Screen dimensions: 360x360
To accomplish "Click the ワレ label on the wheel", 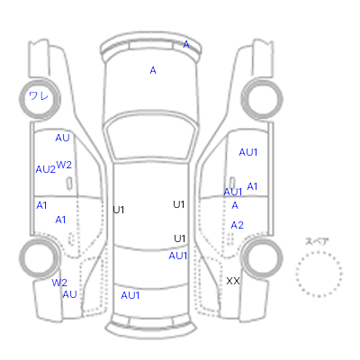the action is [x=39, y=96].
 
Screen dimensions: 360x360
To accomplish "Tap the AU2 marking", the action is [x=46, y=169].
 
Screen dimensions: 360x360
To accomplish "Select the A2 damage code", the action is [x=237, y=225].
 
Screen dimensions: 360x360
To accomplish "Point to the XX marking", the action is [x=233, y=281].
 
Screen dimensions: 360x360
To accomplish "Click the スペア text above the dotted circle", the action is [x=317, y=241].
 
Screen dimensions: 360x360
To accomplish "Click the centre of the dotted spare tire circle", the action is [x=319, y=274].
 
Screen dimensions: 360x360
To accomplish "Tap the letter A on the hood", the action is [x=153, y=70].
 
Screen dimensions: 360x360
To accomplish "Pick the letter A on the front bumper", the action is [x=186, y=44].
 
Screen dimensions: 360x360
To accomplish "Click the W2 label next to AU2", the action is [x=64, y=165].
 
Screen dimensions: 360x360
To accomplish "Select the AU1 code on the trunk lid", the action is [x=130, y=295].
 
